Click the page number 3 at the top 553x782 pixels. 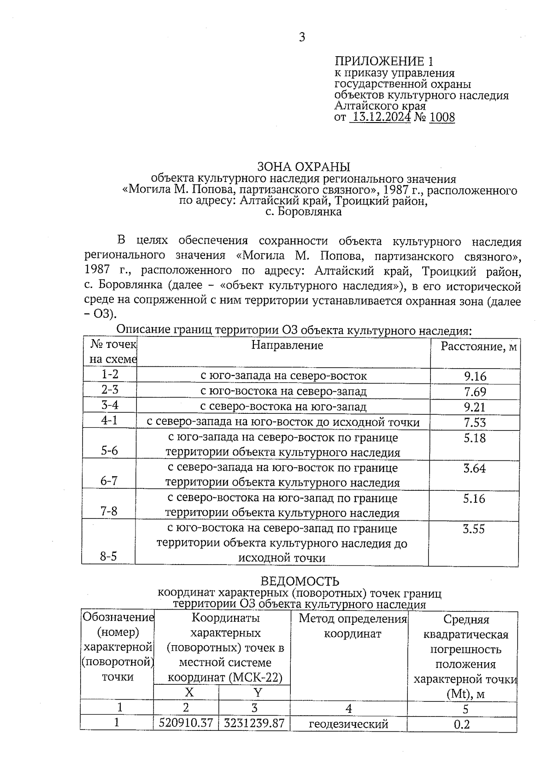(x=302, y=37)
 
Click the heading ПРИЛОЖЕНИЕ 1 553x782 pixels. (x=384, y=61)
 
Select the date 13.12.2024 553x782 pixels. (x=380, y=117)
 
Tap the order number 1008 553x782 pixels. (x=441, y=117)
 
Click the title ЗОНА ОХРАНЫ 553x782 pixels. (x=303, y=166)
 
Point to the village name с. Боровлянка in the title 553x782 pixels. (x=304, y=212)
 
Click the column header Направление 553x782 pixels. (x=287, y=345)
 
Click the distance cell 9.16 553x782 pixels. (x=475, y=376)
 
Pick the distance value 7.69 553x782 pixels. (x=475, y=392)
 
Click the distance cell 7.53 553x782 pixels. (x=475, y=422)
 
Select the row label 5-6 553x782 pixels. (x=110, y=450)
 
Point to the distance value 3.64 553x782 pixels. (x=474, y=468)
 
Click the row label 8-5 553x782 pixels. (x=109, y=556)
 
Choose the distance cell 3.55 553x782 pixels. (x=474, y=529)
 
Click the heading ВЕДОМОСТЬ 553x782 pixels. (x=300, y=582)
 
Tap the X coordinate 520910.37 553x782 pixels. (x=186, y=723)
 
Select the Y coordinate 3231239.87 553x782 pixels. (x=254, y=723)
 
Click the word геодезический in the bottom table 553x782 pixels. (x=348, y=724)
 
